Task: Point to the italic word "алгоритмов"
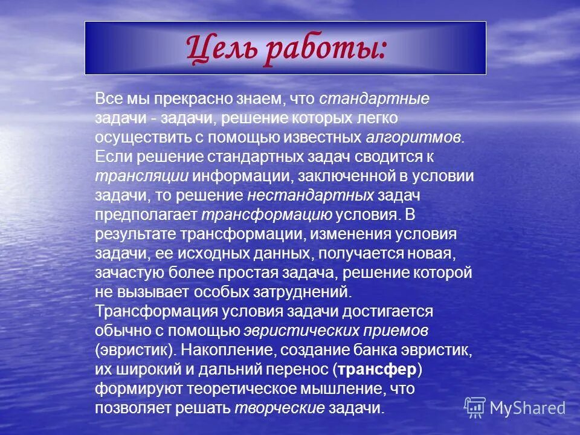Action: point(414,138)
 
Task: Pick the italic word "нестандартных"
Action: point(311,196)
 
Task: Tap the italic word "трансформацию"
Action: point(266,215)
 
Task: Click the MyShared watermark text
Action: point(527,408)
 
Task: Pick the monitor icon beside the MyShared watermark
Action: point(475,407)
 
